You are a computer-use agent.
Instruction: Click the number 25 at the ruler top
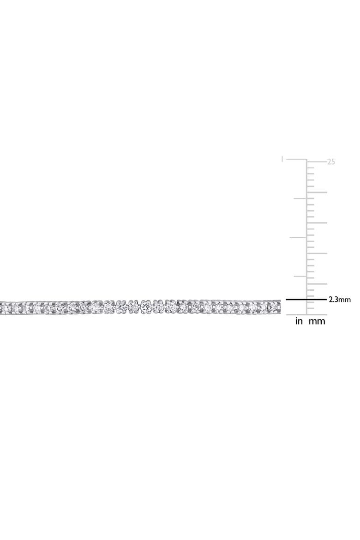click(331, 162)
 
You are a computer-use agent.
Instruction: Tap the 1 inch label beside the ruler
click(282, 159)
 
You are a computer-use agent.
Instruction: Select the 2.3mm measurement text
click(340, 300)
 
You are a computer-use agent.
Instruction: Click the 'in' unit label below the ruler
click(299, 321)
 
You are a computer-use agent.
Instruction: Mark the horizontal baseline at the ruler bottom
click(306, 314)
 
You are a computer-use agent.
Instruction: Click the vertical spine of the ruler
click(306, 237)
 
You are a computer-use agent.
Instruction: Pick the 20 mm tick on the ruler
click(317, 192)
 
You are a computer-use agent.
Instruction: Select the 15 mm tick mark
click(317, 223)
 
